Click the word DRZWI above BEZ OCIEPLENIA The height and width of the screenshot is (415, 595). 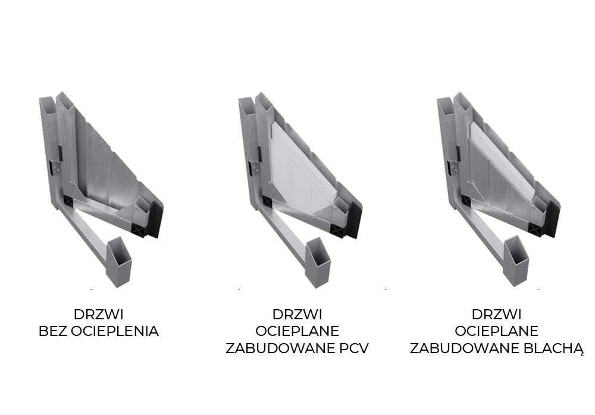point(99,314)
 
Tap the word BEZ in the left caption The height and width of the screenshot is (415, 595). point(54,331)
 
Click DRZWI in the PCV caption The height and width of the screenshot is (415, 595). point(297,314)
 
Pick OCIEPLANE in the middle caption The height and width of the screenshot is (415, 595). point(297,331)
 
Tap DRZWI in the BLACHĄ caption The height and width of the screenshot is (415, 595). point(496,314)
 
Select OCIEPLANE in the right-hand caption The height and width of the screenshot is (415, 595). point(496,331)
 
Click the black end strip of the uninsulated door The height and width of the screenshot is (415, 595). point(156,219)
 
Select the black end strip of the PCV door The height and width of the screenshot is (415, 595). point(354,219)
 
